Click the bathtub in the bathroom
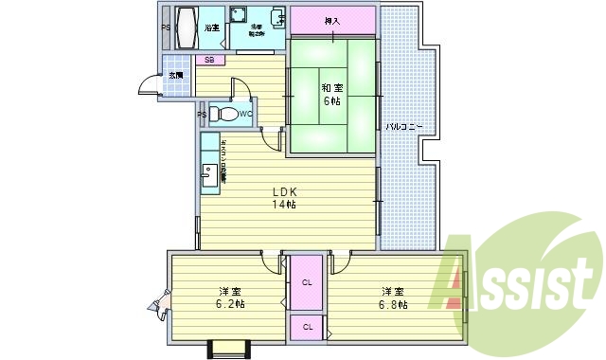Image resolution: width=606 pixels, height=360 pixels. tap(185, 27)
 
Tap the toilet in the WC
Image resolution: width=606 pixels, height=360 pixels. tap(224, 115)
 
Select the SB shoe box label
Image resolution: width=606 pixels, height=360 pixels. tap(209, 60)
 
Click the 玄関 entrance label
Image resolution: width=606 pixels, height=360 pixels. tap(176, 74)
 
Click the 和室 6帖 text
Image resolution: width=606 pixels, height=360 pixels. tap(330, 93)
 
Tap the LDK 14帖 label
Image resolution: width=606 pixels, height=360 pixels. tap(285, 197)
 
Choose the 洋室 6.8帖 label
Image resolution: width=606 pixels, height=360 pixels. tap(395, 297)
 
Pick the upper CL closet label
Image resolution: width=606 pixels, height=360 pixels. tap(307, 282)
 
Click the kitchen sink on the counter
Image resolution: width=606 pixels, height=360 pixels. tap(207, 174)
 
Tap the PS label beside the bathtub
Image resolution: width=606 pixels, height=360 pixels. tap(166, 27)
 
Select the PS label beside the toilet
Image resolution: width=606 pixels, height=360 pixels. tap(202, 115)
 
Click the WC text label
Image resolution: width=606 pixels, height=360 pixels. tap(244, 115)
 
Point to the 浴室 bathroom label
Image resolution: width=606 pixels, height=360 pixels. tap(212, 27)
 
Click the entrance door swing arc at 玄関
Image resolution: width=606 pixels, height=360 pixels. tap(149, 88)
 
